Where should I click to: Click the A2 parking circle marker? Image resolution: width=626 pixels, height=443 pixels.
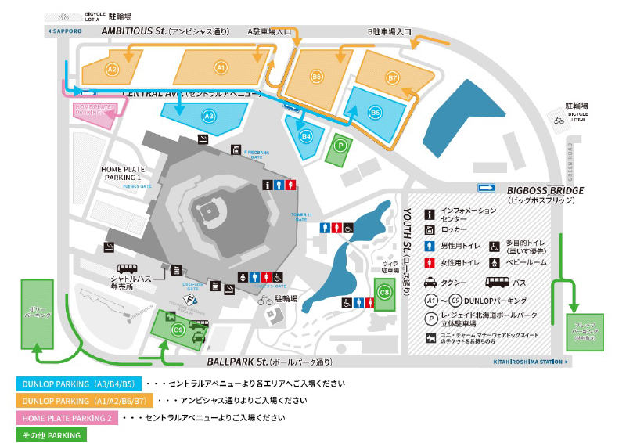(112, 70)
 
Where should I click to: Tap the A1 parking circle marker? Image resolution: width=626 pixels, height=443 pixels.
(221, 68)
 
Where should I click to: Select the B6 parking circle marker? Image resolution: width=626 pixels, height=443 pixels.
(316, 77)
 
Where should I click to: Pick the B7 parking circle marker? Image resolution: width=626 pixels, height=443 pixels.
(393, 78)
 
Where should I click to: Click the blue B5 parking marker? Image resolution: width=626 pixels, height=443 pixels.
(375, 113)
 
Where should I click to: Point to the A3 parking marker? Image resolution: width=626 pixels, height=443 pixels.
(208, 116)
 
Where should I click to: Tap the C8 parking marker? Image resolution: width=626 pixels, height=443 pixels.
(384, 293)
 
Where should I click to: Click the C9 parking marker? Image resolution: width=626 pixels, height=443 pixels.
(178, 330)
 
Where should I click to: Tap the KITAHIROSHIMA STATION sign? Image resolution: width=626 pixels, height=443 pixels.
(537, 362)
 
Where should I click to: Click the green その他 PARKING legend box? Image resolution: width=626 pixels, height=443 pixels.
(52, 434)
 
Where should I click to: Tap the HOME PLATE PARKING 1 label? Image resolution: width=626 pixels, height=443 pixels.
(126, 173)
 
